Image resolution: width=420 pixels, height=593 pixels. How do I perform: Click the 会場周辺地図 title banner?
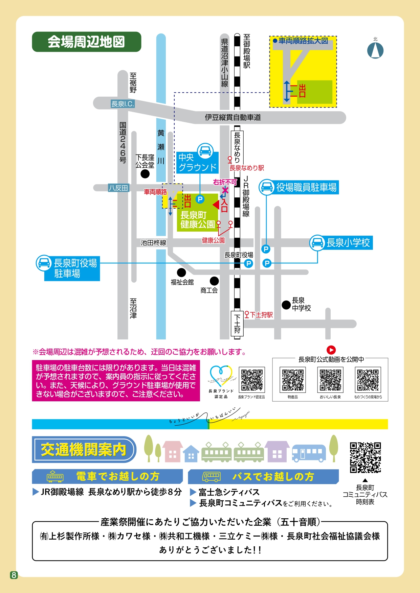point(86,42)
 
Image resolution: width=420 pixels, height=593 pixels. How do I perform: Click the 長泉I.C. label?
point(123,104)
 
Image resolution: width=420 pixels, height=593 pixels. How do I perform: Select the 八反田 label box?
point(118,188)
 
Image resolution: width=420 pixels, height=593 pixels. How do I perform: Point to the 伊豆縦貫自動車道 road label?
point(233,117)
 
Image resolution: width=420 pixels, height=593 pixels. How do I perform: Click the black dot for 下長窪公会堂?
point(145,174)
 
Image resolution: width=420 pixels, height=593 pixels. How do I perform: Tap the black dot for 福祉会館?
point(181,272)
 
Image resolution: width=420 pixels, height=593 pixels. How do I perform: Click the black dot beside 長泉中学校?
point(286,305)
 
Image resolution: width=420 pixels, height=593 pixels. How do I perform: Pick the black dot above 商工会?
point(214,281)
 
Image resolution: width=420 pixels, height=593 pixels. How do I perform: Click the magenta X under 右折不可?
point(225,190)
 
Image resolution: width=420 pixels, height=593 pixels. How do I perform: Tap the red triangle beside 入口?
point(216,205)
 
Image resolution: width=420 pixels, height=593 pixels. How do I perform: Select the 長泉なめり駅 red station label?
point(247,168)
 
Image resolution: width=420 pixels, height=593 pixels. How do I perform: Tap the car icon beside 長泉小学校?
point(317,243)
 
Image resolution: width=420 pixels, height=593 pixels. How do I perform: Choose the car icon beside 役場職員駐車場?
point(267,187)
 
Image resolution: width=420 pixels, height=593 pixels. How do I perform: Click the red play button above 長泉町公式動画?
point(331,350)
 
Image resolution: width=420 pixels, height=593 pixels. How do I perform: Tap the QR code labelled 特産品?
point(293,380)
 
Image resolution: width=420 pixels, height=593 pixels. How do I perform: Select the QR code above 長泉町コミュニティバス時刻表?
point(365,457)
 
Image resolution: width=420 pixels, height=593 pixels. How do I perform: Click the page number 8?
point(14,575)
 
